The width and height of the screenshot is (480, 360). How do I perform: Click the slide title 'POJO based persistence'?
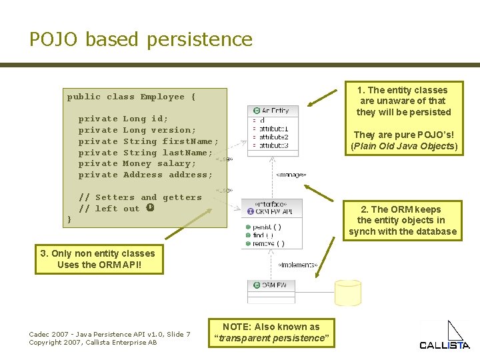pyautogui.click(x=141, y=39)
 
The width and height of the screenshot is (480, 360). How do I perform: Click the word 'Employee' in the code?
pyautogui.click(x=163, y=97)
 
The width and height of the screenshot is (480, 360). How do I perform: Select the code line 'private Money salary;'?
pyautogui.click(x=137, y=163)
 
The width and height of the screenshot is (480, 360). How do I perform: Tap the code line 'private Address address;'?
pyautogui.click(x=145, y=175)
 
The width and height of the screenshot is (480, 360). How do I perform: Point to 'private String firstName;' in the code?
pyautogui.click(x=149, y=141)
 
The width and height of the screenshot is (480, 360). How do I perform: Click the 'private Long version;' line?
pyautogui.click(x=137, y=130)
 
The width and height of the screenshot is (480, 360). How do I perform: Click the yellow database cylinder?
pyautogui.click(x=347, y=292)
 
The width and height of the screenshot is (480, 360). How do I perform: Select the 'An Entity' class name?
pyautogui.click(x=275, y=110)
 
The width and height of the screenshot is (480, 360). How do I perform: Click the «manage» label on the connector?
pyautogui.click(x=291, y=175)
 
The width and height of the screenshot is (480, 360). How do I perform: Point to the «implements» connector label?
pyautogui.click(x=297, y=265)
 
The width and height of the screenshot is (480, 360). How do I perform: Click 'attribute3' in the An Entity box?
pyautogui.click(x=273, y=145)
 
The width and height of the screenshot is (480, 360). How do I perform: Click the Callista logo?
pyautogui.click(x=445, y=335)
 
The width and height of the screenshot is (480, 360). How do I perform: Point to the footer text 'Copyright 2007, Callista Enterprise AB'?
pyautogui.click(x=93, y=342)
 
